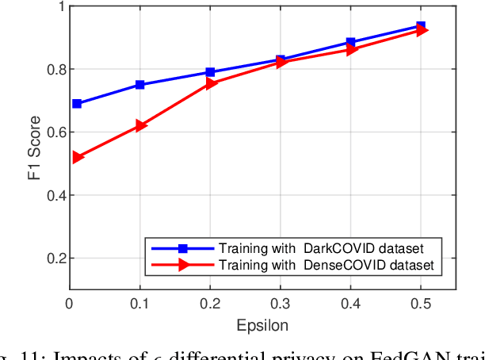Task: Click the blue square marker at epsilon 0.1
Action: click(140, 85)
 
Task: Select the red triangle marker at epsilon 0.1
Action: click(140, 125)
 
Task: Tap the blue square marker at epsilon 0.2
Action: click(210, 72)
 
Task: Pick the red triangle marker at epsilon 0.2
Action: click(211, 83)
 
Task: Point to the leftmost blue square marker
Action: click(77, 104)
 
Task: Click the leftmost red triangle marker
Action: click(77, 157)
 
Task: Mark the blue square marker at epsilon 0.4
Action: click(350, 42)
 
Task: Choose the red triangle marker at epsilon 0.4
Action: click(351, 50)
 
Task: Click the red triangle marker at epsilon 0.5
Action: click(422, 30)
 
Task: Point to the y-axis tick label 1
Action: click(59, 6)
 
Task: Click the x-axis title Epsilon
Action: click(262, 325)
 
